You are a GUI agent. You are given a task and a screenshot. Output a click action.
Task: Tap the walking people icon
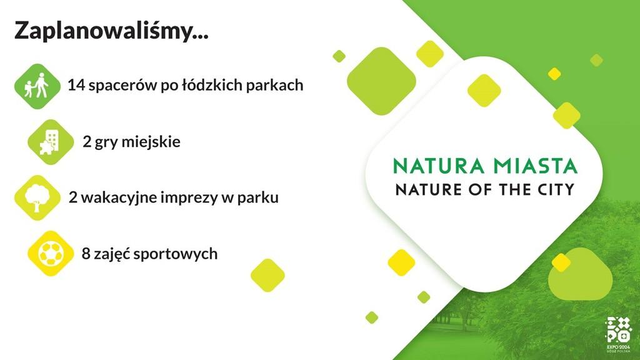[x=37, y=86]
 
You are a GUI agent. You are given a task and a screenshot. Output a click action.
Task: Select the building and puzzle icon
[x=51, y=142]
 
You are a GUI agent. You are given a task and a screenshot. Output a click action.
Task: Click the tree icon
[x=37, y=198]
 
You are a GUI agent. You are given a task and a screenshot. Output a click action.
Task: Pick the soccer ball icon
[x=51, y=254]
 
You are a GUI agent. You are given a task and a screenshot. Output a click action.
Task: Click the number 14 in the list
[x=76, y=85]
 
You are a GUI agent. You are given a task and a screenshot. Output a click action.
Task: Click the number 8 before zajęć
[x=86, y=254]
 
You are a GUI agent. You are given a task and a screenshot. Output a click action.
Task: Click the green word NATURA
[x=439, y=166]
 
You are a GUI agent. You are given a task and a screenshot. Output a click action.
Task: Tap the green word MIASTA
[x=535, y=166]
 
